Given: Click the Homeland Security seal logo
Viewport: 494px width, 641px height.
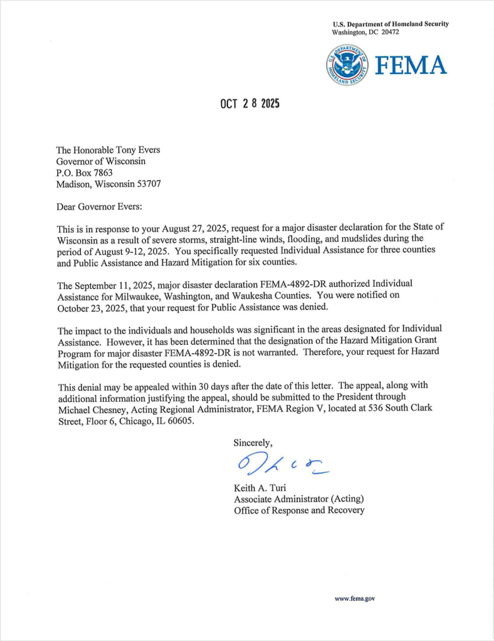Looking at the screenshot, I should (x=347, y=65).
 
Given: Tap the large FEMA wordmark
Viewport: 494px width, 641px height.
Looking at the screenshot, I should (x=411, y=65).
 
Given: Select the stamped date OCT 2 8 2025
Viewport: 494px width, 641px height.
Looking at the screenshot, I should (x=250, y=104).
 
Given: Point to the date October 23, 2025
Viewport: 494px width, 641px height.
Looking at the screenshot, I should (x=93, y=307).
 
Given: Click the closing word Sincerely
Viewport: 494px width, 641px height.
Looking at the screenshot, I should (x=253, y=443).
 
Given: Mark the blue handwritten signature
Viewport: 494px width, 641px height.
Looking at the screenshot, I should (x=280, y=464).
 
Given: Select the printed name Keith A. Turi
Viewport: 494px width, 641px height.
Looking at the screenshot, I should (x=263, y=488).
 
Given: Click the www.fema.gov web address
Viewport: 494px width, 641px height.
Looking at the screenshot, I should (x=355, y=599).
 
